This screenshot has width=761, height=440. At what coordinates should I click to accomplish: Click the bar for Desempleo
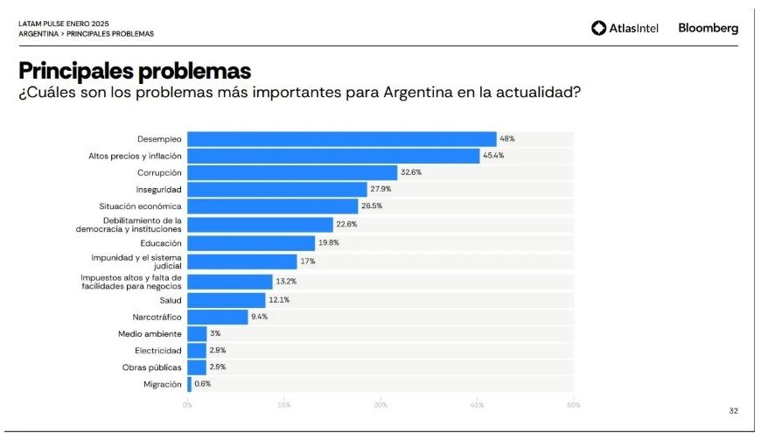(342, 139)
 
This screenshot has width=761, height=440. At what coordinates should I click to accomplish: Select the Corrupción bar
(292, 172)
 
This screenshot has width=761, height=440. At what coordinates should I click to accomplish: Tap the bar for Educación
(251, 243)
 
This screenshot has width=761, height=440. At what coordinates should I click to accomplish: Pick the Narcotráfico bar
(218, 317)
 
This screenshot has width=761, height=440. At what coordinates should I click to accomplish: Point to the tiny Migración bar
(189, 383)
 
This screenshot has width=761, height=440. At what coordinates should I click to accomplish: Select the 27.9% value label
(381, 189)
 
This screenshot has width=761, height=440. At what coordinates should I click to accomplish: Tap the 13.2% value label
(287, 282)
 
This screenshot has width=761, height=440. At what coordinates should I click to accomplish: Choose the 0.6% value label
(202, 383)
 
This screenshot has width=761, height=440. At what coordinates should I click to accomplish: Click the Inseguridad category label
(160, 189)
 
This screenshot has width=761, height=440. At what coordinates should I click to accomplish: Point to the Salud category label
(171, 300)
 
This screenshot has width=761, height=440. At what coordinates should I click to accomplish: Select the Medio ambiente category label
(150, 333)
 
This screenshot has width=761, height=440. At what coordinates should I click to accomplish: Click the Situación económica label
(140, 206)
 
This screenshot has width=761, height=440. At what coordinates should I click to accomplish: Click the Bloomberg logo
(708, 28)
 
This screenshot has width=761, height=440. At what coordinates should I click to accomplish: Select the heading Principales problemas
(135, 70)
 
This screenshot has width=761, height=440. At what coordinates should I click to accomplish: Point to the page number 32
(733, 410)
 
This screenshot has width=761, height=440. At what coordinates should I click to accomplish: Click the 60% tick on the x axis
(573, 405)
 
